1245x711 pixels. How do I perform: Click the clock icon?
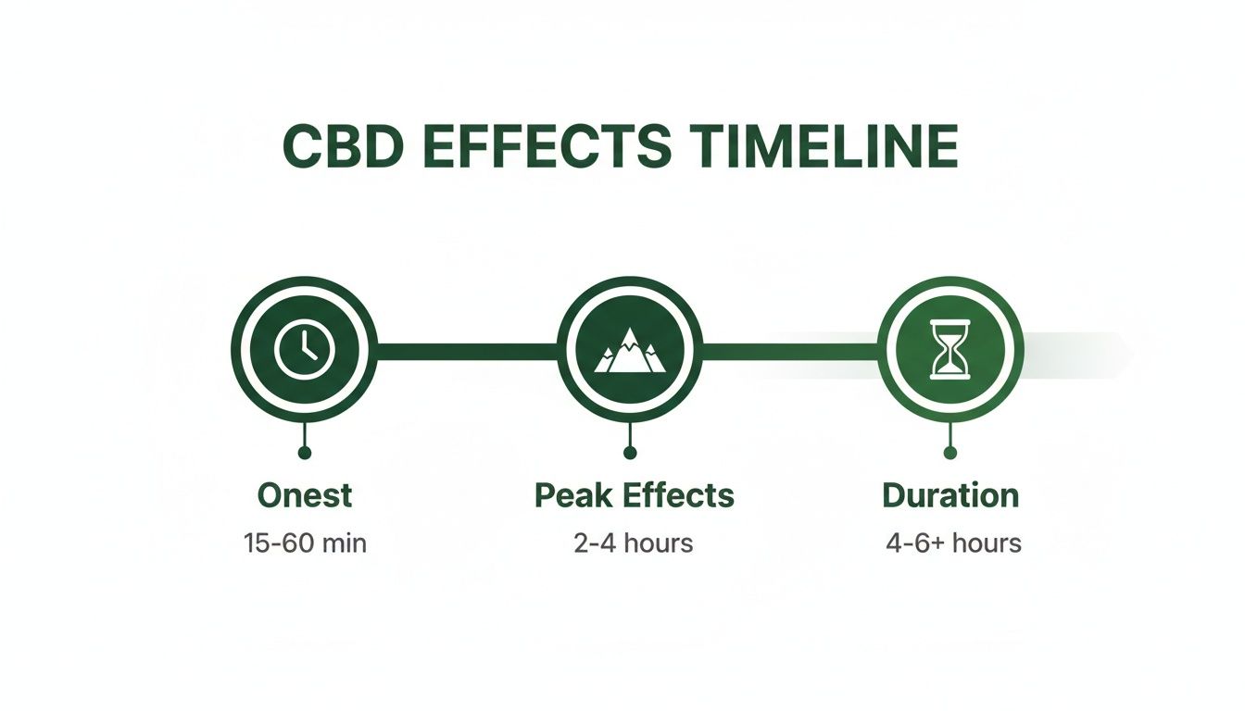click(x=305, y=350)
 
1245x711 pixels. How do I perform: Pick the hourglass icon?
click(x=950, y=350)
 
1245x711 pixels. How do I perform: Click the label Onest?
click(x=305, y=495)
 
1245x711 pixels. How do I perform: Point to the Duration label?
click(x=950, y=495)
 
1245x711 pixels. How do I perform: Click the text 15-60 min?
click(x=305, y=543)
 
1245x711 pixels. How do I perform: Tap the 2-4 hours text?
click(x=634, y=543)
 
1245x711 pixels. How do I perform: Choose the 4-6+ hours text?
click(x=953, y=543)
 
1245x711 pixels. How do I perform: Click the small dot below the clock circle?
click(x=305, y=453)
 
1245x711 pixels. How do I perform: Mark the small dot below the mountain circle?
click(x=630, y=453)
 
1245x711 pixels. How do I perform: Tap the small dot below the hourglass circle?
click(x=950, y=453)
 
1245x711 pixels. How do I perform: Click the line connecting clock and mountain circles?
click(x=467, y=351)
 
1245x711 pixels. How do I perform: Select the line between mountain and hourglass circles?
click(x=790, y=351)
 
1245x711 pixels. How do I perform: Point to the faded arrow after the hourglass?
click(x=1078, y=355)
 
